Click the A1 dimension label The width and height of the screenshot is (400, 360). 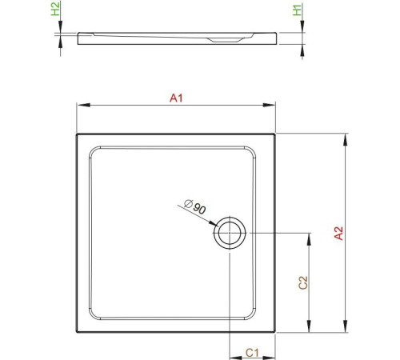176,98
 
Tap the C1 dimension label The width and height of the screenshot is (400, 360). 250,351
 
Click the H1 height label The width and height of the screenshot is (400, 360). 296,10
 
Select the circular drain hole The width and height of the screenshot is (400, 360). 230,233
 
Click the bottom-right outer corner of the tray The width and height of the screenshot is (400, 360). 274,330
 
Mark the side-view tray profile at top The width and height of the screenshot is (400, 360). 176,38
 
